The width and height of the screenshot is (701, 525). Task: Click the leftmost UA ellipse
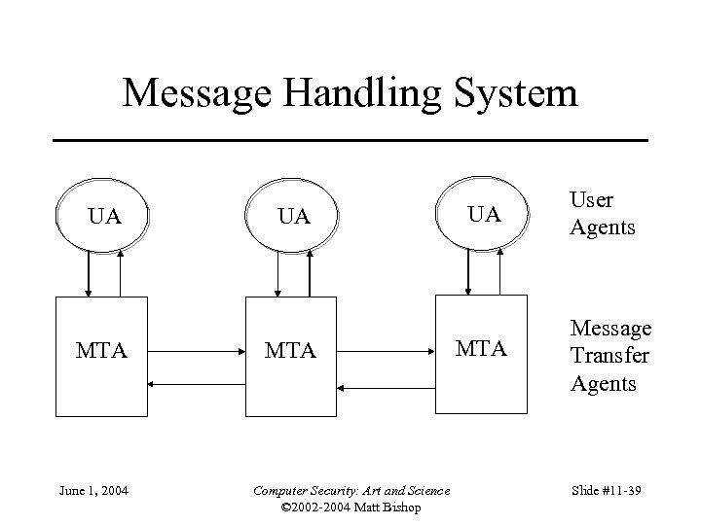click(104, 216)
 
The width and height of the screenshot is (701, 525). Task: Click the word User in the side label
click(591, 200)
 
